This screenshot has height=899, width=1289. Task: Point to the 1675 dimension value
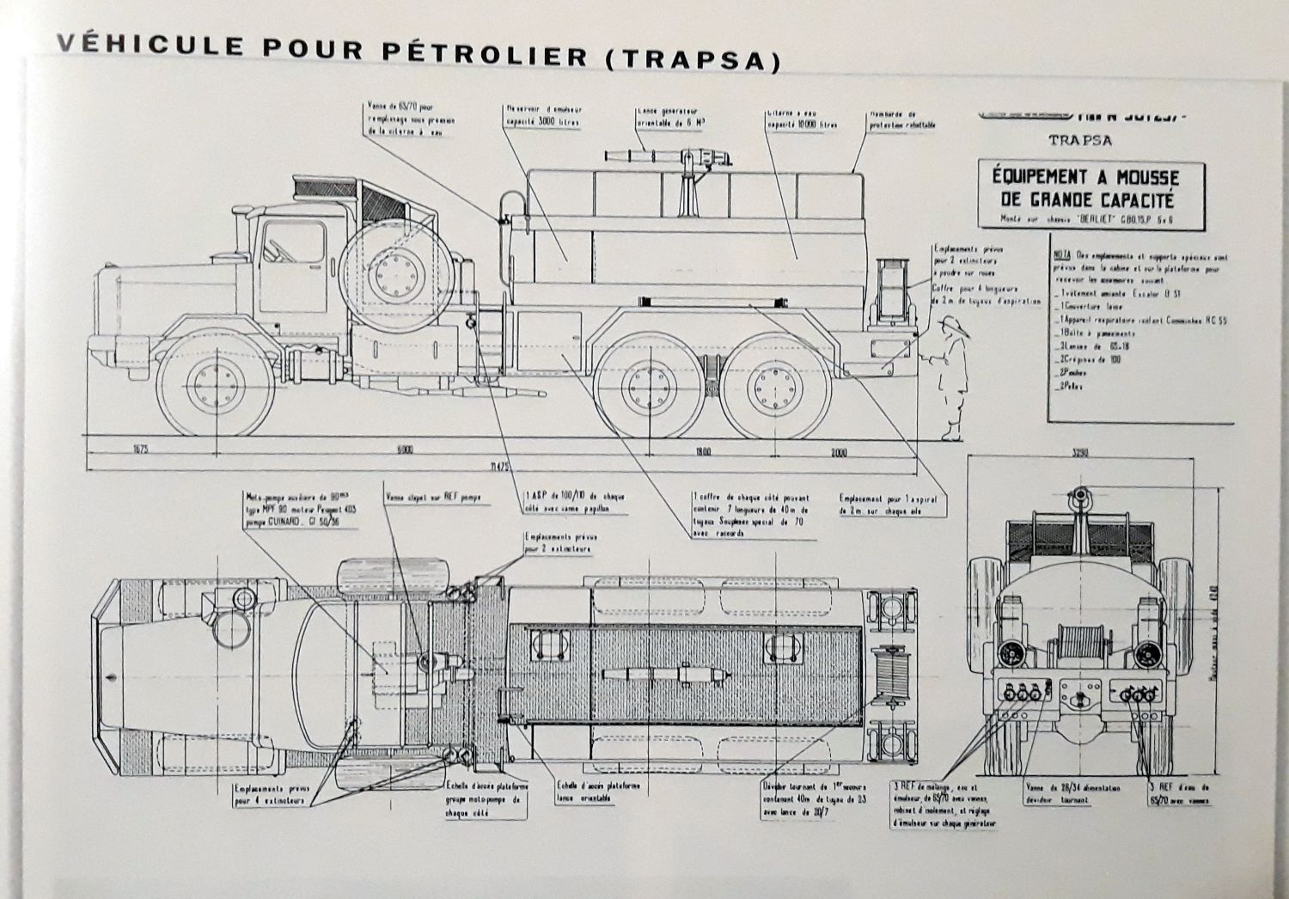coord(141,449)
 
